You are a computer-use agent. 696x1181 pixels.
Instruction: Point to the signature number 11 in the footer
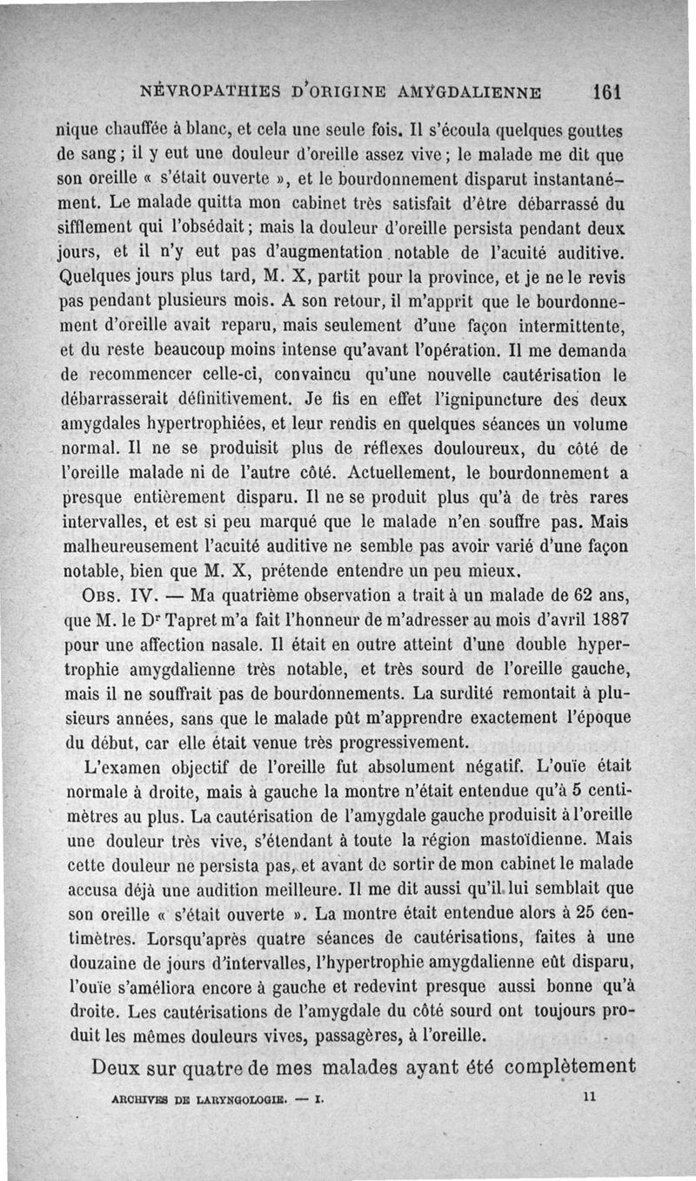pos(589,1098)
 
